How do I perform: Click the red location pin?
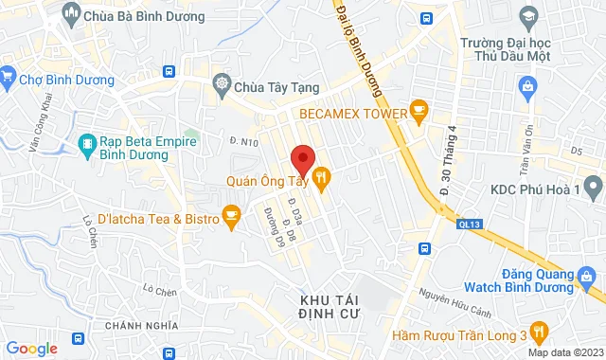[x=302, y=158]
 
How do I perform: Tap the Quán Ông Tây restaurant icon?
[x=322, y=176]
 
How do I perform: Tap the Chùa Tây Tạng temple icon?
[x=222, y=83]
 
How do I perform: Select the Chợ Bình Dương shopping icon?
[x=8, y=75]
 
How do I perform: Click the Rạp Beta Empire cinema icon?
[x=86, y=144]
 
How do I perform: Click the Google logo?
[x=30, y=349]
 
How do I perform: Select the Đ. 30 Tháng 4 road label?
[x=447, y=162]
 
